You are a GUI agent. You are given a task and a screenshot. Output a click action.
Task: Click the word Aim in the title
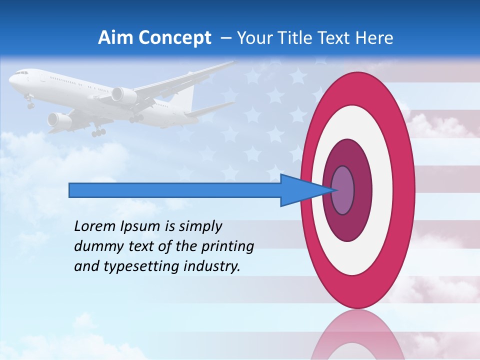coord(113,38)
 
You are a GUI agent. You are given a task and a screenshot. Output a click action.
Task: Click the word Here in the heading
coord(375,38)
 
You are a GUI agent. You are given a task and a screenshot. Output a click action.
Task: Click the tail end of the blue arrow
coord(72,190)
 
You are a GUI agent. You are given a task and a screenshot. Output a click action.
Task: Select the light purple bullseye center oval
coord(343,190)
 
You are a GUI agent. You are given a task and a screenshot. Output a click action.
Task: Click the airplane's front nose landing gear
coord(30,103)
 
